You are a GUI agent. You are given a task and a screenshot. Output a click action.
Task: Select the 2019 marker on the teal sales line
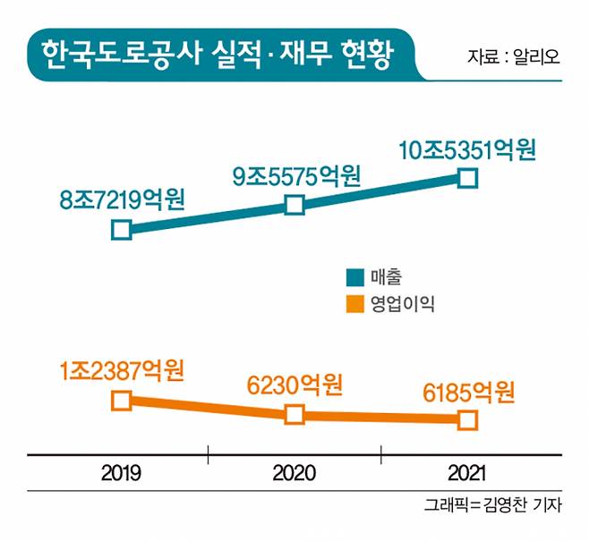point(122,230)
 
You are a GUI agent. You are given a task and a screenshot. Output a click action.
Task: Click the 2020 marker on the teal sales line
point(294,205)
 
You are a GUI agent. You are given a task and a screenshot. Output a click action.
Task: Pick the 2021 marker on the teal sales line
point(467,178)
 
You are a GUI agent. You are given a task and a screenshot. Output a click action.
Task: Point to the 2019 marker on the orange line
point(122,400)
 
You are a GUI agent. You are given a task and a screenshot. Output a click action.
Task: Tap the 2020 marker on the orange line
point(294,414)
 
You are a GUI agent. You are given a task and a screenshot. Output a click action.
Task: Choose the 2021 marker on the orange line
point(467,418)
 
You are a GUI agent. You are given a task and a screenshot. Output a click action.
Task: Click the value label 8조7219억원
point(122,199)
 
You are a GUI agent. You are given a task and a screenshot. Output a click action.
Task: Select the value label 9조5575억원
point(296,175)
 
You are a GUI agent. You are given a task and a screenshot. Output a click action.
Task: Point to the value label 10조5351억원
point(468,148)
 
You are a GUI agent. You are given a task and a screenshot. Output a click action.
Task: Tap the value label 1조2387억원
point(122,368)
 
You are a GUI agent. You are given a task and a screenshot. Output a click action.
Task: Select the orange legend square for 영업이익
point(355,304)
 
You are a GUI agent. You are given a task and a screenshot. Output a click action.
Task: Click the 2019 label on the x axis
point(121,471)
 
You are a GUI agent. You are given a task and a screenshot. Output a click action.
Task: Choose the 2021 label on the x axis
point(467,471)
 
